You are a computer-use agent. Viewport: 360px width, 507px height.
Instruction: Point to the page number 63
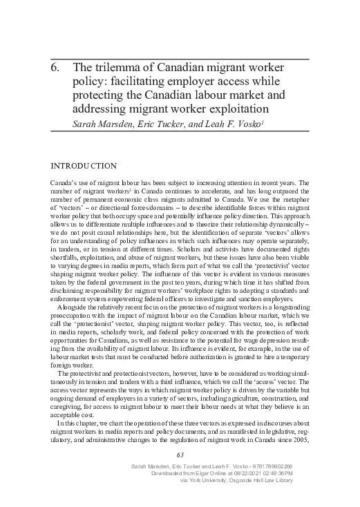coord(180,455)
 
